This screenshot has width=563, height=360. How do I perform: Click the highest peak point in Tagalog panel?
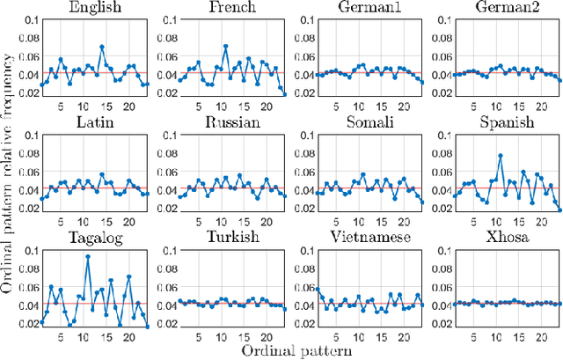pos(87,256)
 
